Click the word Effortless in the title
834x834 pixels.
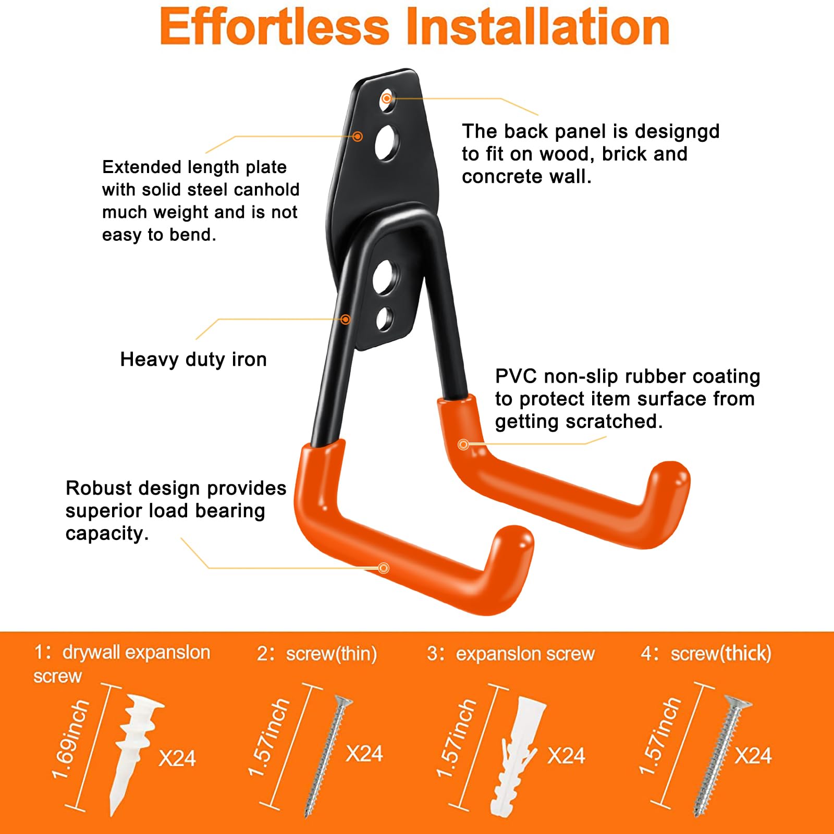275,27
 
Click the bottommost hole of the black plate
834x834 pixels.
385,319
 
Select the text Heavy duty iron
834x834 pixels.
193,359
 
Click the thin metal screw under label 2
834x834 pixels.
328,756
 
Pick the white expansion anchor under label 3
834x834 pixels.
518,756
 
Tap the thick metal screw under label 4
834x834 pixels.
722,756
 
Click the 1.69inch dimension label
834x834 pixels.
71,740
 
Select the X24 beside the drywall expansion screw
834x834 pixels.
177,758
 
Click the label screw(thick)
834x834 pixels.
721,654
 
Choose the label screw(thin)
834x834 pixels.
332,654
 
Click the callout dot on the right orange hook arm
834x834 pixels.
463,445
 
